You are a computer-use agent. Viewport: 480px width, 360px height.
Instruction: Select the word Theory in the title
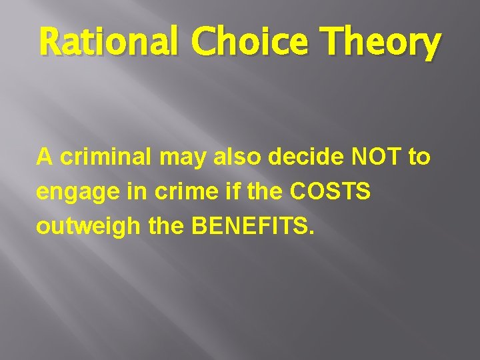pos(381,44)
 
